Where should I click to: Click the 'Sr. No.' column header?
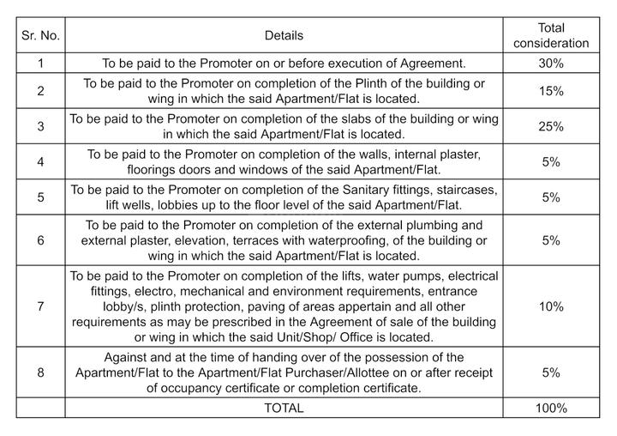[x=41, y=35]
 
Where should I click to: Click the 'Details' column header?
[x=284, y=35]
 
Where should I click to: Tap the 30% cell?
[x=551, y=63]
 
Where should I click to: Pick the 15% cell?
[x=551, y=90]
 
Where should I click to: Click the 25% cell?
[x=551, y=126]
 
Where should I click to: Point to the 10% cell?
[x=551, y=306]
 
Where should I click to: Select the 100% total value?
[x=551, y=408]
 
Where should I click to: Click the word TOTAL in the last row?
[x=284, y=408]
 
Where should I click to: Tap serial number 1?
[x=41, y=63]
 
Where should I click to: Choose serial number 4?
[x=41, y=161]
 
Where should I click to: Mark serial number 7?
[x=41, y=306]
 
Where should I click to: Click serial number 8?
[x=41, y=372]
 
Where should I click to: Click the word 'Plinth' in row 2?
[x=378, y=82]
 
